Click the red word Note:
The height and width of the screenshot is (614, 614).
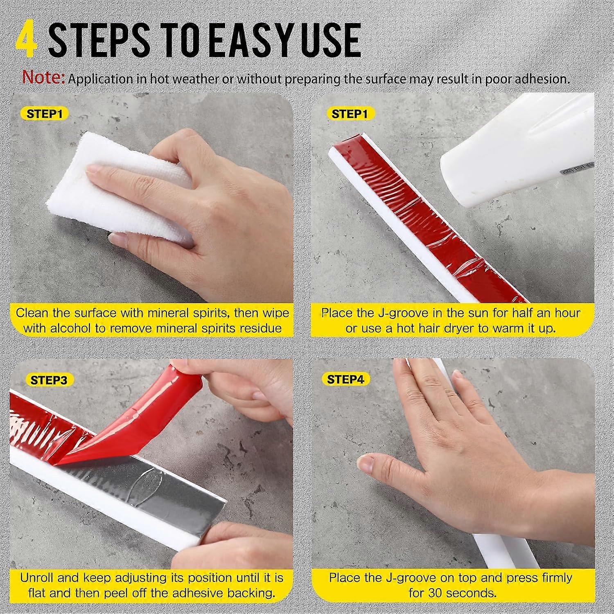pyautogui.click(x=44, y=78)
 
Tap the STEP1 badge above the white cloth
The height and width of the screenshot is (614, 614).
pyautogui.click(x=45, y=114)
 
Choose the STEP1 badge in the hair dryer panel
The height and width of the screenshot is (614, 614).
pyautogui.click(x=350, y=114)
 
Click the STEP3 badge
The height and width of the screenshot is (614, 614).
pyautogui.click(x=49, y=380)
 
